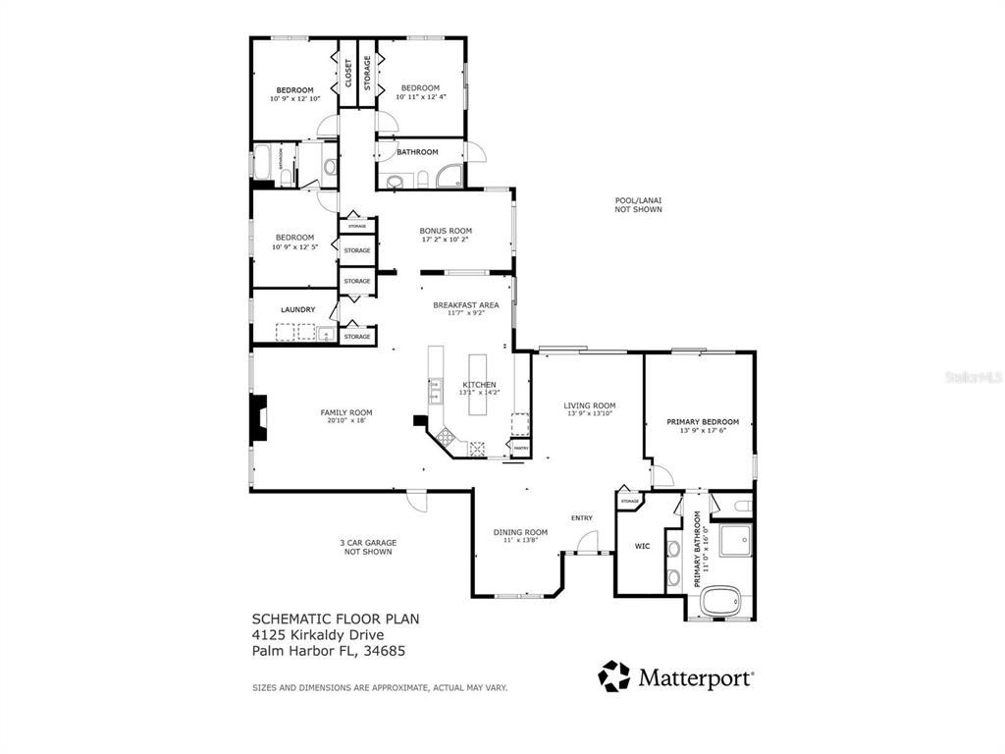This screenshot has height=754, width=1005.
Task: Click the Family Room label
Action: [x=346, y=412]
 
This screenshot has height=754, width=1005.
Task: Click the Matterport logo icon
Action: [x=614, y=676]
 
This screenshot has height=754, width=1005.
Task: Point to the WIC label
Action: [x=643, y=546]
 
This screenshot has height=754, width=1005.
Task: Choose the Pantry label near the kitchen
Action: [x=521, y=448]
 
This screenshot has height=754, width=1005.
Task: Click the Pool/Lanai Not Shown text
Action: [x=638, y=204]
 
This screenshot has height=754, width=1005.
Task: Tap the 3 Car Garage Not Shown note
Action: [x=368, y=547]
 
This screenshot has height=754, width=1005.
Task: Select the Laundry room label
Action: [x=297, y=310]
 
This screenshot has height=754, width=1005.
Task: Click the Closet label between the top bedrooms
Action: [x=348, y=74]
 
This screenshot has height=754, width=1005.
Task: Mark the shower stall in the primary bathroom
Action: [x=734, y=541]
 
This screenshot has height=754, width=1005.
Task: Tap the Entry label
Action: [x=582, y=518]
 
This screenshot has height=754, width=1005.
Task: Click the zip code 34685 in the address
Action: [x=387, y=650]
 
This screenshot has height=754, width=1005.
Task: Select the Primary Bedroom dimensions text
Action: [x=703, y=431]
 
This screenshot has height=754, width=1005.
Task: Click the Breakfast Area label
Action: [x=466, y=305]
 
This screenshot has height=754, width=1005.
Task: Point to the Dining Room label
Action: [x=520, y=532]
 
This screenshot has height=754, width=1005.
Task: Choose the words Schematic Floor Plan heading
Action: [x=336, y=619]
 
